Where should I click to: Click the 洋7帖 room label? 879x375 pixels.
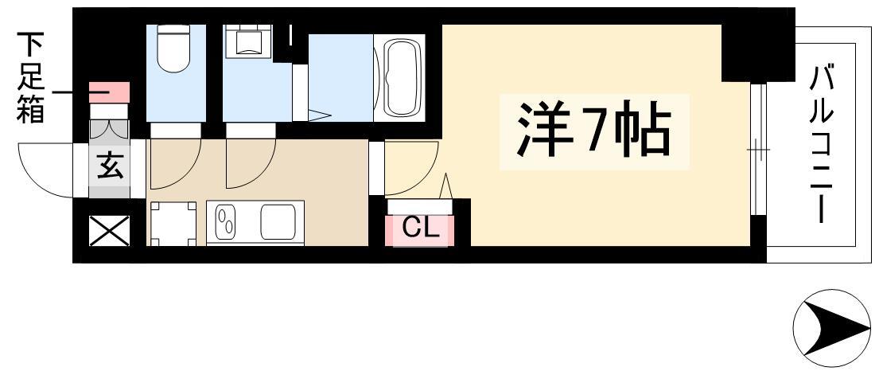tap(593, 131)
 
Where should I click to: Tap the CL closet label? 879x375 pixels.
tap(419, 229)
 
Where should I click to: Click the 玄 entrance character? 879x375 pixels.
tap(110, 167)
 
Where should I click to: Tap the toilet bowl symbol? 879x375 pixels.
tap(173, 49)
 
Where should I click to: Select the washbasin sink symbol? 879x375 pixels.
tap(248, 41)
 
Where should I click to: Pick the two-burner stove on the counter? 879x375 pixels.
tap(227, 222)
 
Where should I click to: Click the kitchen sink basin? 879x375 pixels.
tap(278, 222)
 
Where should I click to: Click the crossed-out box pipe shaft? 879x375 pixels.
tap(109, 231)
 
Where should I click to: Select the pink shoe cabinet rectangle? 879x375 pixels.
tap(109, 92)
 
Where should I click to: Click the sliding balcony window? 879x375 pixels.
tap(758, 150)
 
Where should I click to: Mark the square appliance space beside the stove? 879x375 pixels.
tap(173, 224)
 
